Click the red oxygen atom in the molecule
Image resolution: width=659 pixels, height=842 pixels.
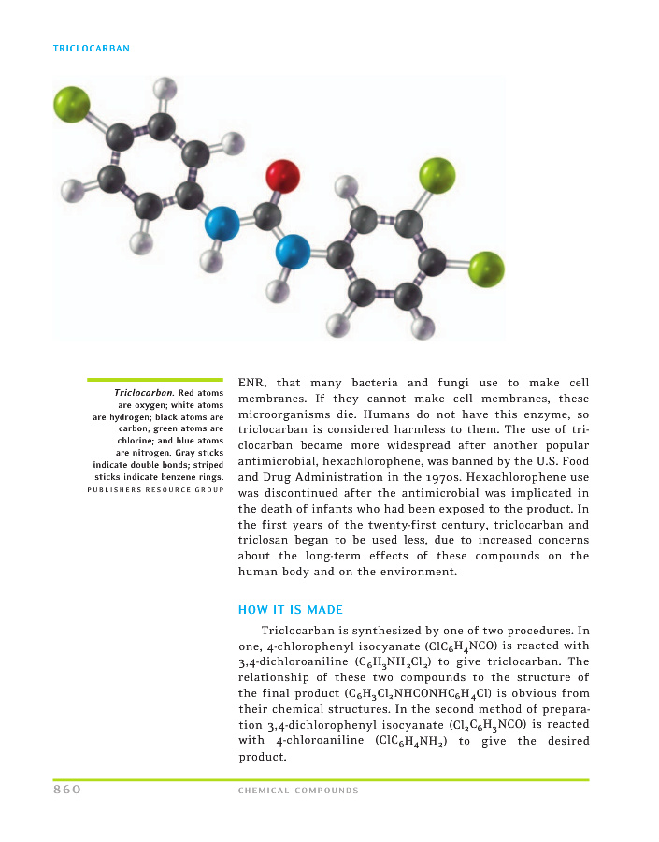tap(282, 175)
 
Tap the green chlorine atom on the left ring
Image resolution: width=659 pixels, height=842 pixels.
tap(72, 104)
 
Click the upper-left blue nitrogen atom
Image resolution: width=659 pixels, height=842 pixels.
tap(222, 225)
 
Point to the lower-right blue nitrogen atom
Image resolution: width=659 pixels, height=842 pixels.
tap(293, 251)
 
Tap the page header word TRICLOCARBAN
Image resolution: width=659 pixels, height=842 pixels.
tap(92, 48)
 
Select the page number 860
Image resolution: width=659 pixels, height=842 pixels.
tap(67, 790)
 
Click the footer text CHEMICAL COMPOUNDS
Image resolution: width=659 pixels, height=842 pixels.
tap(298, 791)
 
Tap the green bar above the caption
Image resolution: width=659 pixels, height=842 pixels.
tap(155, 380)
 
